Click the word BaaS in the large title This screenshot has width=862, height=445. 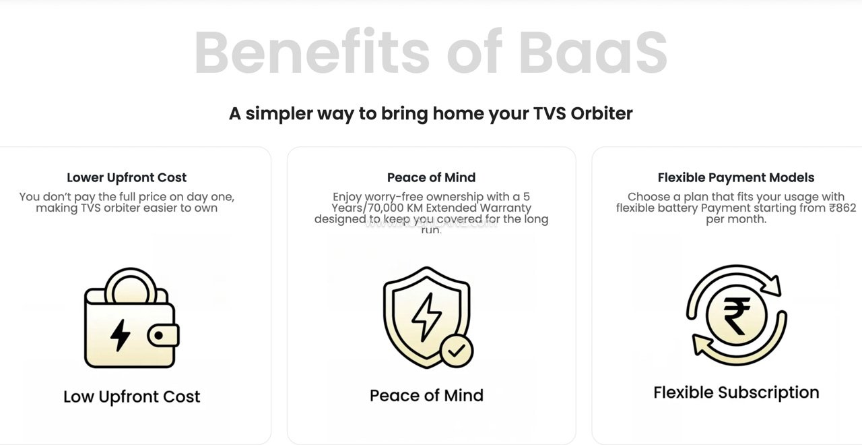click(593, 53)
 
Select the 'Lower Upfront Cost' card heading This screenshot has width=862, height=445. click(127, 177)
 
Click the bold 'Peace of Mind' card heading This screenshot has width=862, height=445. click(431, 177)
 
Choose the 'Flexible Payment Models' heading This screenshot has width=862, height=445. click(735, 177)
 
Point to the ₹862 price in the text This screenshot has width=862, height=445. click(842, 208)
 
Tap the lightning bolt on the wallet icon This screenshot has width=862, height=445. click(120, 334)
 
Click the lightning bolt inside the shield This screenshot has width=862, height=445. click(426, 316)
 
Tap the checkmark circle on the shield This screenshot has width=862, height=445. click(457, 351)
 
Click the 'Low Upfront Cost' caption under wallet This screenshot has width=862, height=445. click(131, 396)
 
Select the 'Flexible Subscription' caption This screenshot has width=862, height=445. click(735, 392)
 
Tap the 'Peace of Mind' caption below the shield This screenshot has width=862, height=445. click(426, 395)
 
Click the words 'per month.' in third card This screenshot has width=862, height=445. click(735, 220)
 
